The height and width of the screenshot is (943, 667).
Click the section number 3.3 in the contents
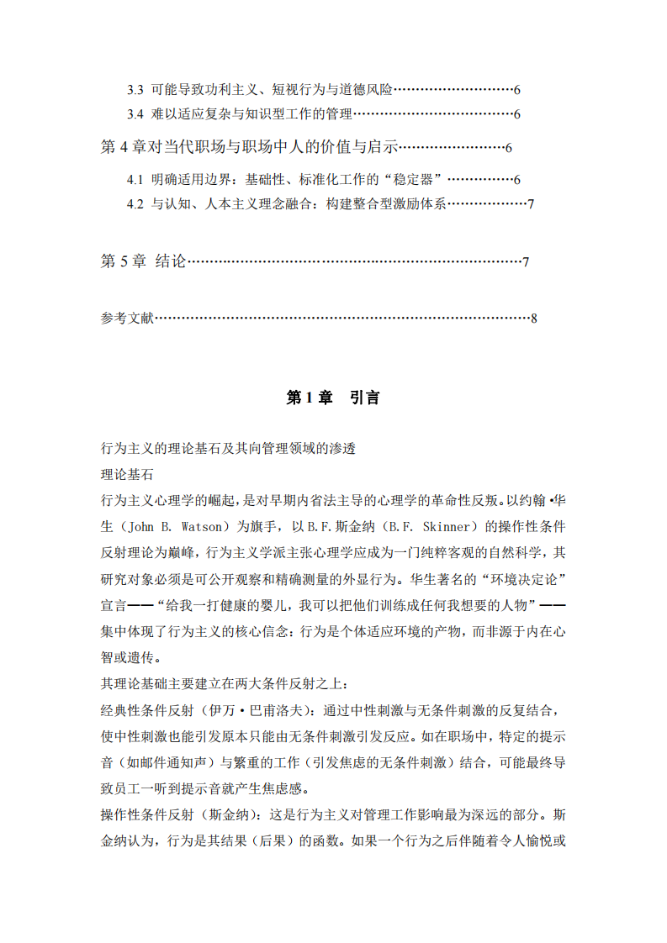(135, 89)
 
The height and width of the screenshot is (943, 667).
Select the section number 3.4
(135, 114)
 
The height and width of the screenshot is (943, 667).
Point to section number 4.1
(135, 180)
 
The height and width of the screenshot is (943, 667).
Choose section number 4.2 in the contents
(135, 204)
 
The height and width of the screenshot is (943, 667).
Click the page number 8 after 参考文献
(533, 319)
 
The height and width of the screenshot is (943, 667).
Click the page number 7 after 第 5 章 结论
(525, 262)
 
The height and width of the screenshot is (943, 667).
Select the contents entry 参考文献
(127, 319)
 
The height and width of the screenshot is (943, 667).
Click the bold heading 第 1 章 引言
(333, 398)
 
